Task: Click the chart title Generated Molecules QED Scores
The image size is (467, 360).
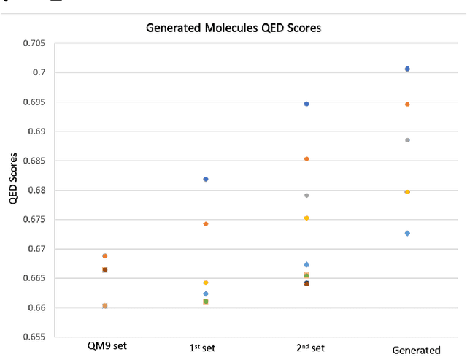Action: point(233,28)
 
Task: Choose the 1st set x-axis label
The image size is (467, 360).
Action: point(205,348)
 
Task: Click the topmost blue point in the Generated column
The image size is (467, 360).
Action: point(407,69)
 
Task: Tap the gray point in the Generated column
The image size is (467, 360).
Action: point(407,139)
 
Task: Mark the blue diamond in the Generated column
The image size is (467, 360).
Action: point(407,233)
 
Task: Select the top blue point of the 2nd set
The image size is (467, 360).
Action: point(306,104)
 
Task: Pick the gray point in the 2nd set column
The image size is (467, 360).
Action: point(306,195)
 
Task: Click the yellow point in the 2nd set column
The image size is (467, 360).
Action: point(306,218)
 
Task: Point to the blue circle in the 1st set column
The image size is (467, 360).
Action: point(206,179)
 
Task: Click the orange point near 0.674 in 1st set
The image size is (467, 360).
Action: point(206,223)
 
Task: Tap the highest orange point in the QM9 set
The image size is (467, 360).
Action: point(105,256)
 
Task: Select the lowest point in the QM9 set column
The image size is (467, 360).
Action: point(105,305)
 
